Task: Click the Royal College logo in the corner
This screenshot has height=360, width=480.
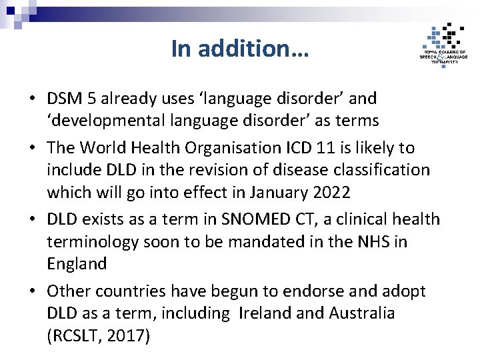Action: [443, 45]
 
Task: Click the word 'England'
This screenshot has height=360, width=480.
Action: [77, 264]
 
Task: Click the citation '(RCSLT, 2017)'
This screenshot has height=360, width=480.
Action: [99, 336]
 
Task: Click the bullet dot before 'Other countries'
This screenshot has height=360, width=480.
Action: [33, 291]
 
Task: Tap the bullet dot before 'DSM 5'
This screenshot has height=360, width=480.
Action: [33, 99]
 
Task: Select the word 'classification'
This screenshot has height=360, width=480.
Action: [381, 170]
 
